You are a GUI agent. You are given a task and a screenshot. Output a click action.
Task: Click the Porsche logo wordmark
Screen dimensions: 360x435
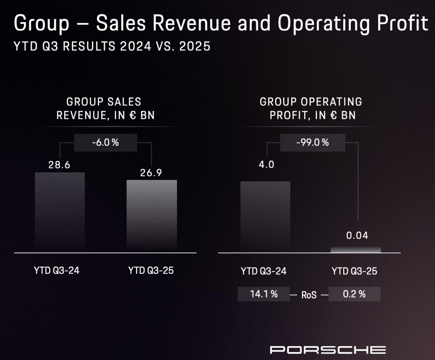327,350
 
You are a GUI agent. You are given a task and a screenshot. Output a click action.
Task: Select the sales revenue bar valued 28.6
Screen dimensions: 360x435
60,211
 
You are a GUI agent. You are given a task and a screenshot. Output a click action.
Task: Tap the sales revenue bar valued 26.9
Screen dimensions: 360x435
151,215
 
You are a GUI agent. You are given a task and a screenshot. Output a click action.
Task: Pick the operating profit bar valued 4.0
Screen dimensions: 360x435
265,216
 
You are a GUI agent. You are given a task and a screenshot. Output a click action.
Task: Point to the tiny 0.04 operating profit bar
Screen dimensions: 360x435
356,250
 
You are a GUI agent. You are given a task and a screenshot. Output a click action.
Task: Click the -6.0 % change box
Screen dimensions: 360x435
106,143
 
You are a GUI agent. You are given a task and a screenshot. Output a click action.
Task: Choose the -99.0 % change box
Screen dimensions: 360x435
313,143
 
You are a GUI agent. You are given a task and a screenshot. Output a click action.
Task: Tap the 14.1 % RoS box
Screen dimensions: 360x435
263,294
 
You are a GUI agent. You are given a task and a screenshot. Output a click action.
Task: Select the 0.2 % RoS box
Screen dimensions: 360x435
354,294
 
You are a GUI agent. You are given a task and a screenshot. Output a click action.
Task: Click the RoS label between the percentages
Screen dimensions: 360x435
309,295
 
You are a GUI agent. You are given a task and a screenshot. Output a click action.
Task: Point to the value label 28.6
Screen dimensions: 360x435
60,165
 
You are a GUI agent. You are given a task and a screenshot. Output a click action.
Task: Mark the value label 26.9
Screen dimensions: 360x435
151,173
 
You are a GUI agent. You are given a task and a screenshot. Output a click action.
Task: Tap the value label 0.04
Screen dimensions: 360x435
357,236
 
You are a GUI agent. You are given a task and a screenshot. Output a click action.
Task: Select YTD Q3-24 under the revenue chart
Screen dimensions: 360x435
56,270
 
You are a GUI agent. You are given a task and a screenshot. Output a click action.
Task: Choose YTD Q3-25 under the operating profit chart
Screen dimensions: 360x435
354,271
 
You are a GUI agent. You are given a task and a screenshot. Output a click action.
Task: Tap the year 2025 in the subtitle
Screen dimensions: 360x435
195,46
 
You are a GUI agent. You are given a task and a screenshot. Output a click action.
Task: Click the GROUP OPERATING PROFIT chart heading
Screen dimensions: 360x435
311,108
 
